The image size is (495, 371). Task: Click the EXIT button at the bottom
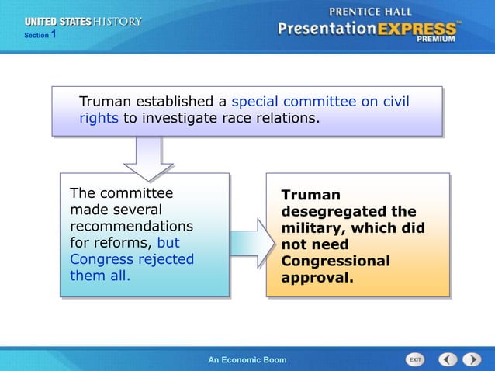click(x=416, y=359)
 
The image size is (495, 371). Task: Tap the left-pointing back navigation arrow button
click(x=448, y=359)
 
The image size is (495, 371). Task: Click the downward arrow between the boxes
click(x=148, y=159)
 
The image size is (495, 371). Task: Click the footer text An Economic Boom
click(x=247, y=360)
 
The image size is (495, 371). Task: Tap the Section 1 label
click(x=40, y=35)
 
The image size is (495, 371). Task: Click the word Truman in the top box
click(x=106, y=102)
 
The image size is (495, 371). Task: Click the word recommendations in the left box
click(x=131, y=226)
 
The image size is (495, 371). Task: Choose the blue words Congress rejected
click(x=132, y=259)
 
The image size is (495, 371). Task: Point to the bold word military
click(x=311, y=228)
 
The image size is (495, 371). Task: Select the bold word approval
click(x=317, y=277)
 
